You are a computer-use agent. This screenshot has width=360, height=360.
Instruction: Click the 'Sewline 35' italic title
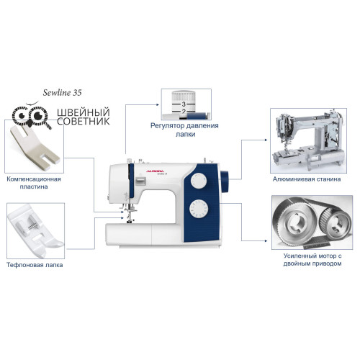[63, 93]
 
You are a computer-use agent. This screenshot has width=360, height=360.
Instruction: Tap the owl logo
[32, 115]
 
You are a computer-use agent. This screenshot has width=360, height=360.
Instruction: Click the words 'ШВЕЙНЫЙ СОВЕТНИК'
[84, 117]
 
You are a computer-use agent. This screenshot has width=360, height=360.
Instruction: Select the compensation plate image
[35, 146]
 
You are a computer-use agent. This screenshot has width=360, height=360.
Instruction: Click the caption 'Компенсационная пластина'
[34, 183]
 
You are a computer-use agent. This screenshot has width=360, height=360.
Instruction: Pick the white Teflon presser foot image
[35, 231]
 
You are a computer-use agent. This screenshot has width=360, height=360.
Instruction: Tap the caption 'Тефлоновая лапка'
[35, 265]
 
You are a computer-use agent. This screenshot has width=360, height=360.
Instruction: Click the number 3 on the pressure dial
[184, 104]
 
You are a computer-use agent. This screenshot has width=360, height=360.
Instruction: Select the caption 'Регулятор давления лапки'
[184, 130]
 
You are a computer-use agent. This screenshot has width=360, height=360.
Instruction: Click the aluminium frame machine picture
[308, 140]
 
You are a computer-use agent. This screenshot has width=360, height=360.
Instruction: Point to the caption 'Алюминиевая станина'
[307, 179]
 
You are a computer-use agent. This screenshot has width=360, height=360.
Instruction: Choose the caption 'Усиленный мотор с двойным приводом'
[312, 260]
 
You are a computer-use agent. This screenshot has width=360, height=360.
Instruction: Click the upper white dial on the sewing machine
[199, 180]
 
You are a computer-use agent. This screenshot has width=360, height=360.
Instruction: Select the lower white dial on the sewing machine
[199, 209]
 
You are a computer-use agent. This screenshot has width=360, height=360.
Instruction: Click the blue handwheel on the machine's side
[225, 181]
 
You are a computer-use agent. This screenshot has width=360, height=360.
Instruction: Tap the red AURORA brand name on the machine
[155, 171]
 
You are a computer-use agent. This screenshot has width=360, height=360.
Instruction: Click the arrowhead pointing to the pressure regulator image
[158, 104]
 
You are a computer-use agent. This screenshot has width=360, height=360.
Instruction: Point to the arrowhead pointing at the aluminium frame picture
[266, 140]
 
